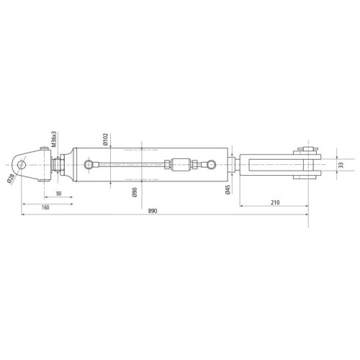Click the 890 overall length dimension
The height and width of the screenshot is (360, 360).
(153, 211)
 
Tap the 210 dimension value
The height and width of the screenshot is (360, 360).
(275, 202)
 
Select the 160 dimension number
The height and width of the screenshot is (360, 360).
(45, 207)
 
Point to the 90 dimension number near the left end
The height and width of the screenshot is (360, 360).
(59, 194)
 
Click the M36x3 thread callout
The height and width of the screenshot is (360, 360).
(54, 139)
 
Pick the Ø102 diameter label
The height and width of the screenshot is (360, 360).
(106, 140)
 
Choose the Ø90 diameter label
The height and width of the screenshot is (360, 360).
(135, 192)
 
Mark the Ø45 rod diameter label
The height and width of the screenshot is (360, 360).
(228, 189)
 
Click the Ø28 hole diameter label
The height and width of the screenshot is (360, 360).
(11, 179)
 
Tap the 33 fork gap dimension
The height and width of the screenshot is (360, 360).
(341, 165)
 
